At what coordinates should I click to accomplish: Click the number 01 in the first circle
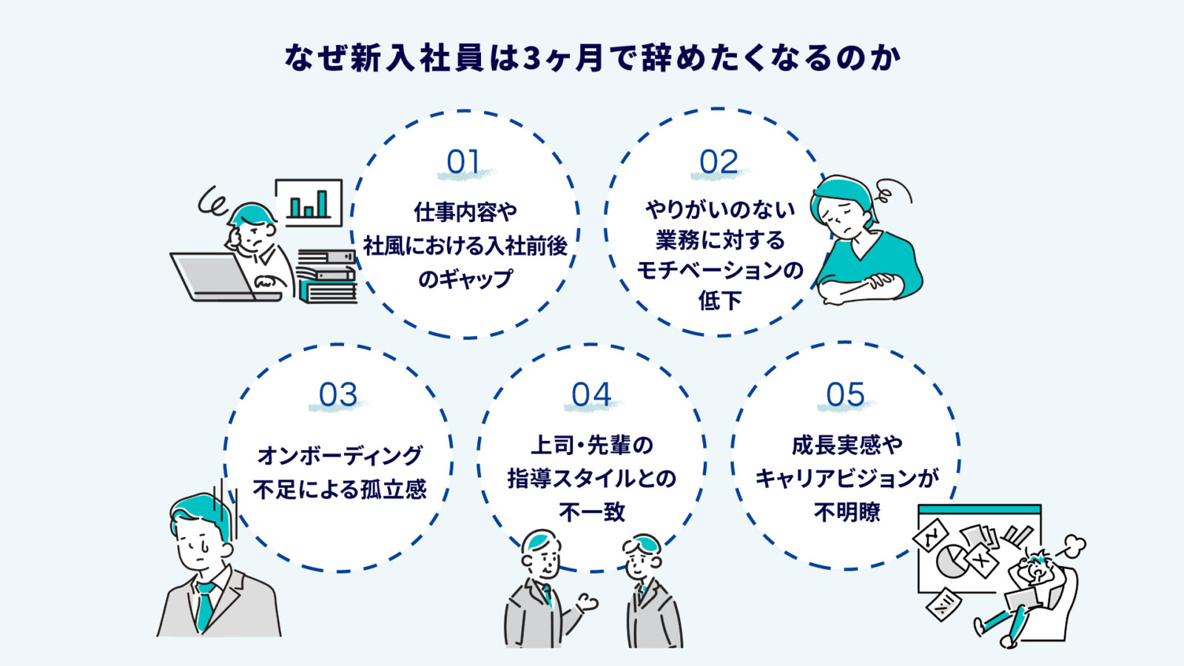pyautogui.click(x=463, y=162)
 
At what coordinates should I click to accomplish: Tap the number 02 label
pyautogui.click(x=719, y=162)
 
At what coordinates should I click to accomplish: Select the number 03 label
pyautogui.click(x=338, y=395)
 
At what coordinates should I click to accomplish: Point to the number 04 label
pyautogui.click(x=591, y=395)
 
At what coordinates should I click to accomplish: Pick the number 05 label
pyautogui.click(x=845, y=395)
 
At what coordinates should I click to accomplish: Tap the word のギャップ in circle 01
pyautogui.click(x=465, y=279)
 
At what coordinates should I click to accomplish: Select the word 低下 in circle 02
pyautogui.click(x=719, y=300)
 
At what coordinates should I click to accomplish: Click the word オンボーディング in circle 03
pyautogui.click(x=340, y=455)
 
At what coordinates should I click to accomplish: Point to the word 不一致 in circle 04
pyautogui.click(x=592, y=512)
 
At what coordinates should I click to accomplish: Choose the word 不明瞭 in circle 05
pyautogui.click(x=847, y=512)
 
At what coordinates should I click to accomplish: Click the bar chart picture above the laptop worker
pyautogui.click(x=309, y=202)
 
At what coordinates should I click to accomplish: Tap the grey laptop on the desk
pyautogui.click(x=215, y=278)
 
